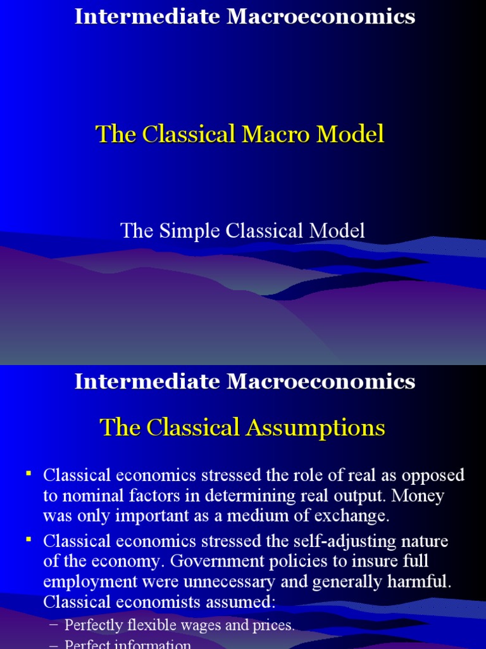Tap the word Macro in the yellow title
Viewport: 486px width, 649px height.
(283, 134)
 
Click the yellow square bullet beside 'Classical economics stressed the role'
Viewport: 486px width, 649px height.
(28, 474)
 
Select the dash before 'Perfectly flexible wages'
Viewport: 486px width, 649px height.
(53, 626)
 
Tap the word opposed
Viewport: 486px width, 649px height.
(433, 475)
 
